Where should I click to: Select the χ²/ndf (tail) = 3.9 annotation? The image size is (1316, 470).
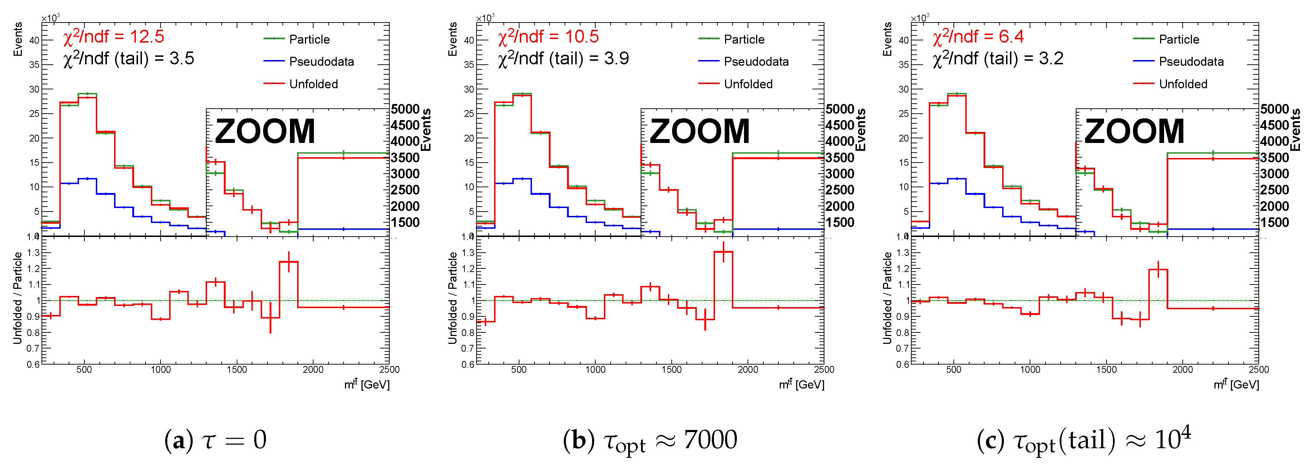pyautogui.click(x=563, y=59)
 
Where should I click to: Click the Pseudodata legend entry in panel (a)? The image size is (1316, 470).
pyautogui.click(x=321, y=62)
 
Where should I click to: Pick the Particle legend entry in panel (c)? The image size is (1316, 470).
pyautogui.click(x=1179, y=40)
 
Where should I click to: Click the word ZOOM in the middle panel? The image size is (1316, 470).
pyautogui.click(x=699, y=131)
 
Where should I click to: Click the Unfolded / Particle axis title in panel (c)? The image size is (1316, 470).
pyautogui.click(x=887, y=298)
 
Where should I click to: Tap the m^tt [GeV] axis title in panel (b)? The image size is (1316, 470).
pyautogui.click(x=801, y=384)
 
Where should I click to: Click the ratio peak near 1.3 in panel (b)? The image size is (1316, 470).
pyautogui.click(x=723, y=252)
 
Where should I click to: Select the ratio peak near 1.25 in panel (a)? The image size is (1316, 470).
pyautogui.click(x=289, y=262)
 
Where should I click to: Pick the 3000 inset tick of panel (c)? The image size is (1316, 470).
pyautogui.click(x=1275, y=174)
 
